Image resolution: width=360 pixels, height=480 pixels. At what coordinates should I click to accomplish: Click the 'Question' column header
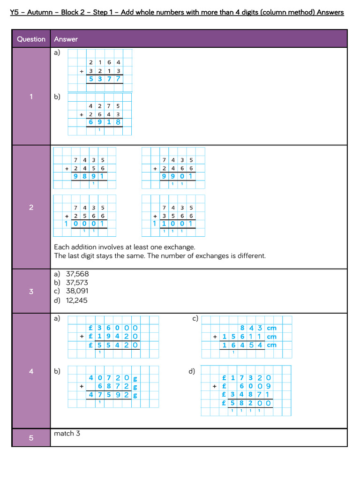click(31, 39)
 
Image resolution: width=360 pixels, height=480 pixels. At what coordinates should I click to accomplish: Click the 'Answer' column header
click(66, 39)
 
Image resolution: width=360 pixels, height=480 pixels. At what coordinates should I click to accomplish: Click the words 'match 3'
click(67, 434)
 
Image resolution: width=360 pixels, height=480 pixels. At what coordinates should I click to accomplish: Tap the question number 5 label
click(31, 438)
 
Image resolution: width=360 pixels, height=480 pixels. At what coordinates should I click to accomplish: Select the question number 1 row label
click(31, 97)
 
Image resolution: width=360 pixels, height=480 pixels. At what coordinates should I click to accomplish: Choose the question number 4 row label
click(31, 371)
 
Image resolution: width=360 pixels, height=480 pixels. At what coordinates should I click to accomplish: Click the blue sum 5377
click(105, 79)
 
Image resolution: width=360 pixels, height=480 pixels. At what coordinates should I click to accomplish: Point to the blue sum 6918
click(105, 122)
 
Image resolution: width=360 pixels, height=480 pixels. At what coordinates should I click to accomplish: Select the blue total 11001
click(173, 224)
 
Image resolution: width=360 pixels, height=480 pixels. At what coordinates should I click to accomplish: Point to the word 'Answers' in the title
click(330, 12)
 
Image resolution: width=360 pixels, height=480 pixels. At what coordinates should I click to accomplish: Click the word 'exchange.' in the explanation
click(180, 247)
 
